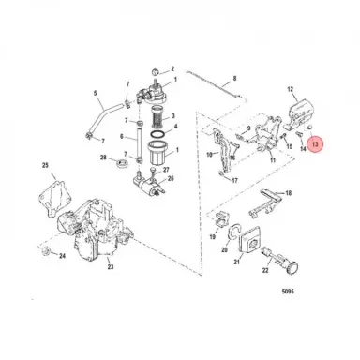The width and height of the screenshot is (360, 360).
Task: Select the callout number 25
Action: pyautogui.click(x=43, y=167)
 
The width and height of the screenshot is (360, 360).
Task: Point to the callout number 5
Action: pyautogui.click(x=95, y=93)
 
